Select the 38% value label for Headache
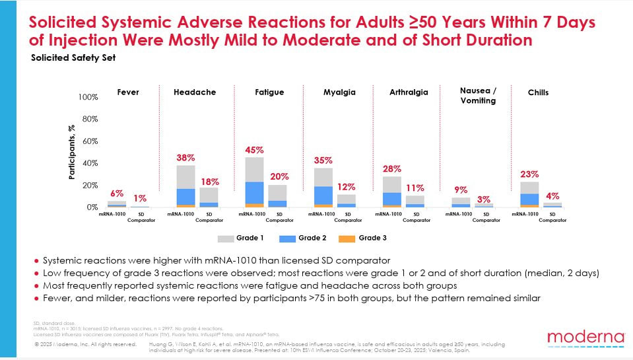click(x=185, y=158)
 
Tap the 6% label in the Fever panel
click(x=116, y=194)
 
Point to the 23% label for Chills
click(x=529, y=174)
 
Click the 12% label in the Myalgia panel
click(x=347, y=187)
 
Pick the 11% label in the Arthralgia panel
click(x=415, y=188)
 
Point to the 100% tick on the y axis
click(x=88, y=97)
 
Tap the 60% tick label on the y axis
click(x=89, y=141)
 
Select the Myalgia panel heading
click(x=339, y=92)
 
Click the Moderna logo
click(x=578, y=339)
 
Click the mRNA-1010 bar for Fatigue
click(x=254, y=182)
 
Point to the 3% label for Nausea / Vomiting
click(x=483, y=199)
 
